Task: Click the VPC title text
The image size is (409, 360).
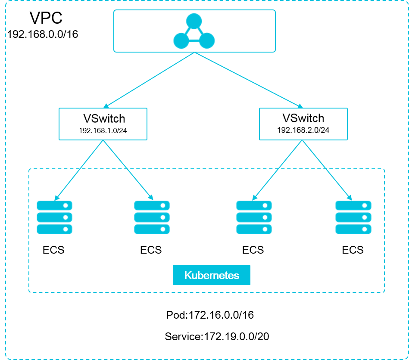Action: (x=46, y=18)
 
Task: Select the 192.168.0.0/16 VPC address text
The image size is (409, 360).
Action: (x=43, y=34)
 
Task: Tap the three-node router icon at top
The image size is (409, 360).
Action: (x=194, y=31)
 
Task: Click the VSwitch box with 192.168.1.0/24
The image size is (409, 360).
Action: (x=103, y=124)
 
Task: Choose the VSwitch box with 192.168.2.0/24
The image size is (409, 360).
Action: (x=303, y=124)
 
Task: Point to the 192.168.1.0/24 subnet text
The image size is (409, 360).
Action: (x=103, y=130)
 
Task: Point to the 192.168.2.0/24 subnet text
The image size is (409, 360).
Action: (x=303, y=130)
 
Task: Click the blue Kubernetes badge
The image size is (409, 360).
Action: (x=211, y=276)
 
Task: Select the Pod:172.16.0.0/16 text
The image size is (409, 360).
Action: (x=210, y=315)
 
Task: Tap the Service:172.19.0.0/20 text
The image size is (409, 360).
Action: (x=217, y=336)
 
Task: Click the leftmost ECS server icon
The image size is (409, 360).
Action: (x=54, y=217)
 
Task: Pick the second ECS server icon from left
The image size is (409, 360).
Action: (x=152, y=217)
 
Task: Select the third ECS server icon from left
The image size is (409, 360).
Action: (x=254, y=217)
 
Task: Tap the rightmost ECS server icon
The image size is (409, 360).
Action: (x=353, y=217)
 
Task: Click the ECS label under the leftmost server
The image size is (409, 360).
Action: (x=53, y=250)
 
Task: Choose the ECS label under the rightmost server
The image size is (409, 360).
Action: (x=353, y=250)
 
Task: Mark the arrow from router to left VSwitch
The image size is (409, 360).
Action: (x=149, y=80)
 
